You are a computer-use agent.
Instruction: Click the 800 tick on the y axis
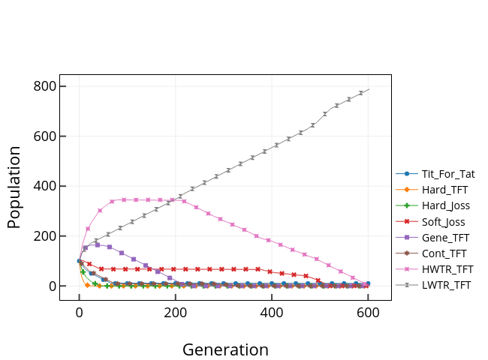pos(44,86)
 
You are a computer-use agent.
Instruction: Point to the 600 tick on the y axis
pos(44,136)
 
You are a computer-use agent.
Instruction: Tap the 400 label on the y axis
pos(44,186)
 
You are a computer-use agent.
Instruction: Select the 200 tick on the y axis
pos(44,236)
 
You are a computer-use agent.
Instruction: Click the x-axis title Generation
pos(225,349)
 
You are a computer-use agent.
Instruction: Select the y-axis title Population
pos(14,187)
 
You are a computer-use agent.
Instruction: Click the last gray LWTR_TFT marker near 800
pos(361,93)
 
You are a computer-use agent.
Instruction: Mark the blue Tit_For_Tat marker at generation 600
pos(368,283)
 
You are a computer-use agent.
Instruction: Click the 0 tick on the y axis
pos(52,286)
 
